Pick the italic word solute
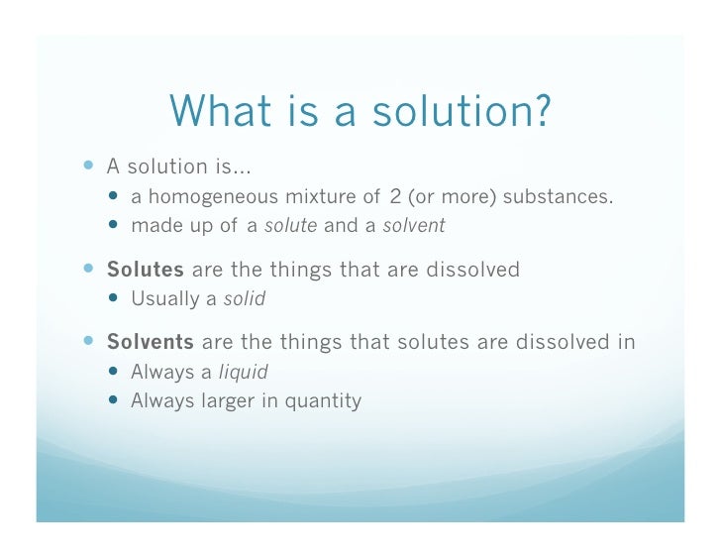(x=290, y=225)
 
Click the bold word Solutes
(x=146, y=270)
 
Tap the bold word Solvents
(x=151, y=343)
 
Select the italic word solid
(x=245, y=298)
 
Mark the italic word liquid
(x=243, y=373)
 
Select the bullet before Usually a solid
(x=116, y=298)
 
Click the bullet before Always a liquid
(x=116, y=373)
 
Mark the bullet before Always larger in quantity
(x=116, y=401)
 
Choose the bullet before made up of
(x=116, y=225)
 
